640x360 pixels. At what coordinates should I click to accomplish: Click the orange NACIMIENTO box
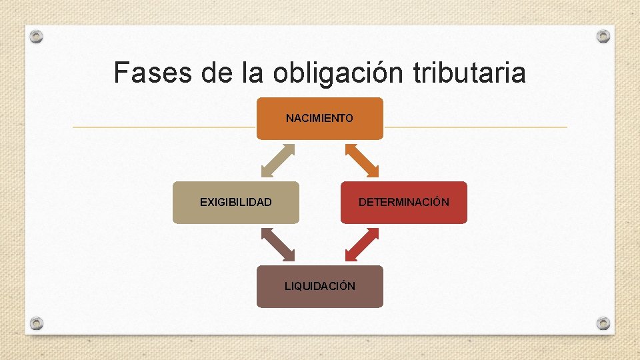click(320, 119)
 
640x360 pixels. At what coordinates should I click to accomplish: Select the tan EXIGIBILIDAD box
click(236, 202)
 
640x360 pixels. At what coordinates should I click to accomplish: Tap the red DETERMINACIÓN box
click(404, 202)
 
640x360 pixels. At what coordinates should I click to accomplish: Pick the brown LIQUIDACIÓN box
click(320, 286)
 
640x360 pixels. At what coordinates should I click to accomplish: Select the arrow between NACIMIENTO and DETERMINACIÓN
click(362, 160)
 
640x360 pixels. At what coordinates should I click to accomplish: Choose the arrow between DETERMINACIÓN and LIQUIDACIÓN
click(362, 244)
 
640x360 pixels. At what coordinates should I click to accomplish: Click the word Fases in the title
click(153, 73)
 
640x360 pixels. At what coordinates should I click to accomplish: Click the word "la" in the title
click(255, 73)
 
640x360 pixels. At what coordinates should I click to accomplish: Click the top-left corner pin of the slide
click(37, 36)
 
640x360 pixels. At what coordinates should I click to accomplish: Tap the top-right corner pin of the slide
click(603, 36)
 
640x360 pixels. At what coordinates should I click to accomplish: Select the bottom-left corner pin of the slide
click(37, 323)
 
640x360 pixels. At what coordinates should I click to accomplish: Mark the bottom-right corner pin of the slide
click(603, 323)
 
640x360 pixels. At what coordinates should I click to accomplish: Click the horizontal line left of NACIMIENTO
click(164, 127)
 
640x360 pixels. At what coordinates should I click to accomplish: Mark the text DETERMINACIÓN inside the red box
click(404, 202)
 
